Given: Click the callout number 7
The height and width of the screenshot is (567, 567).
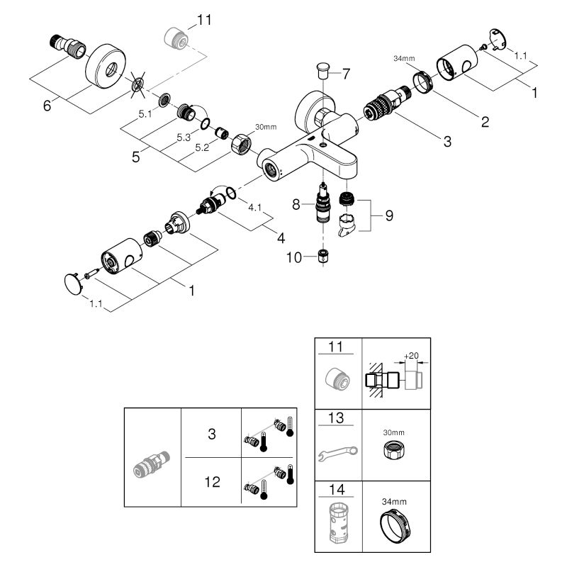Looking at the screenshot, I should pyautogui.click(x=346, y=72).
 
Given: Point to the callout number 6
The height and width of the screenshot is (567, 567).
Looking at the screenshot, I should pyautogui.click(x=47, y=106).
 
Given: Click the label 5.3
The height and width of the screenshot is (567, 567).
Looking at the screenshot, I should pyautogui.click(x=164, y=137).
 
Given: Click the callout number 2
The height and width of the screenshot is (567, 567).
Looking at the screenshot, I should pyautogui.click(x=484, y=121).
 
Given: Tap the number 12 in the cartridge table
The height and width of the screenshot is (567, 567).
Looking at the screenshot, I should pyautogui.click(x=212, y=482).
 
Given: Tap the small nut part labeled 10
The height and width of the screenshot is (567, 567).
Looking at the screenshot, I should pyautogui.click(x=322, y=256).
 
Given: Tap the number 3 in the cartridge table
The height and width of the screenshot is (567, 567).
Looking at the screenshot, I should pyautogui.click(x=212, y=434).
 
